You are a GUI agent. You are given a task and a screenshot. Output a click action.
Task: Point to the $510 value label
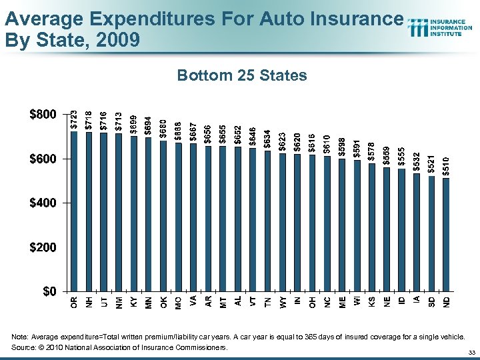pos(447,167)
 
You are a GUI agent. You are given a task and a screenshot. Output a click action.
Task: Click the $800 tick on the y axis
pos(43,115)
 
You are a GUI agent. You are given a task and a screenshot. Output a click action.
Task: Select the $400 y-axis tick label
pos(43,203)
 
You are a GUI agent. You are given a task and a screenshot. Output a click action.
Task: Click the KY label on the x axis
pos(133,302)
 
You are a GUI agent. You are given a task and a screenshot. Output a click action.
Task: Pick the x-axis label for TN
pos(268,302)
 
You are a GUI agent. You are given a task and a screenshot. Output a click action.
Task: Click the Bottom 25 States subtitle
pos(242,75)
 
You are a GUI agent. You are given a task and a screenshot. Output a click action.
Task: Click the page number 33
pos(471,352)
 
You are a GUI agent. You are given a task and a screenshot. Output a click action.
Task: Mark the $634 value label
pos(268,139)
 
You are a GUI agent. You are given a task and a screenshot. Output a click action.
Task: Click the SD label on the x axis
pos(432,302)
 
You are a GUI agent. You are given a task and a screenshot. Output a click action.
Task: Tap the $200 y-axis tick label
pos(43,247)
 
